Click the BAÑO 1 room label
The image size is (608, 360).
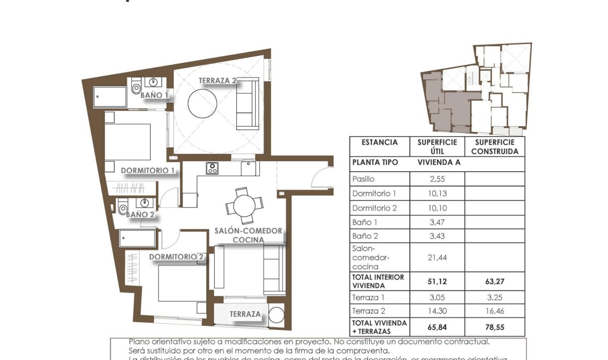[x=154, y=95]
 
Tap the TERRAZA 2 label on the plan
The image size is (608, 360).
[x=217, y=81]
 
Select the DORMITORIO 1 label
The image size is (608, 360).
[x=148, y=170]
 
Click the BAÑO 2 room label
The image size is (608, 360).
[x=140, y=214]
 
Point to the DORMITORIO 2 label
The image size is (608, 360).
[x=177, y=257]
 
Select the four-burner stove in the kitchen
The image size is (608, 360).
[x=212, y=168]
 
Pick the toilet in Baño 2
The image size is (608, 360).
[x=123, y=208]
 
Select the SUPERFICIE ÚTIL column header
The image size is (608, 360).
[x=437, y=147]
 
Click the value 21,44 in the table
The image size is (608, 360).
[x=437, y=258]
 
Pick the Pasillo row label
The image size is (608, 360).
[x=363, y=179]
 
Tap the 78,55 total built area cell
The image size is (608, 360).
[x=494, y=327]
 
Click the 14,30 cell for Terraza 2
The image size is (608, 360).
[x=437, y=311]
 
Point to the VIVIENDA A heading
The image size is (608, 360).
[x=439, y=163]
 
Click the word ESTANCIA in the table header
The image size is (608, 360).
[x=380, y=143]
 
